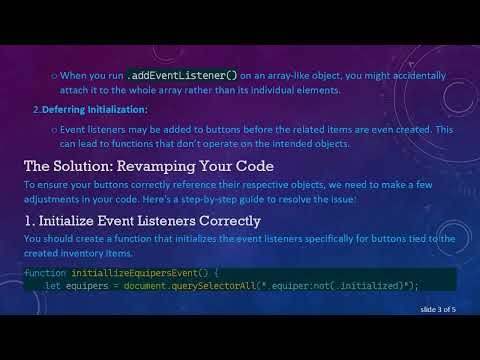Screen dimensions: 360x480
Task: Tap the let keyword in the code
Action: (52, 286)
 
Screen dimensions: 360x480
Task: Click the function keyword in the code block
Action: (45, 272)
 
